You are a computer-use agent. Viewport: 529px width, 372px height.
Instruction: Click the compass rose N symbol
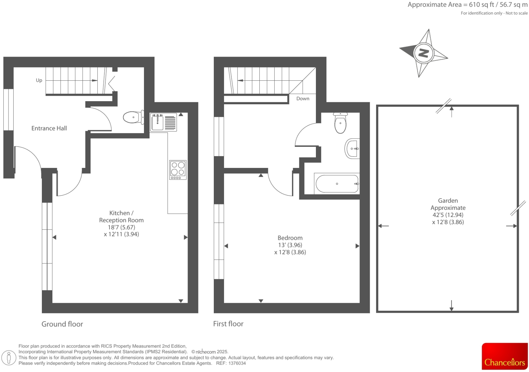(x=423, y=53)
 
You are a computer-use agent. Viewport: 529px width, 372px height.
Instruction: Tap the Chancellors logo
(x=504, y=356)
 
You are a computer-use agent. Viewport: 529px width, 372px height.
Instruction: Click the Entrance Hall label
(x=49, y=128)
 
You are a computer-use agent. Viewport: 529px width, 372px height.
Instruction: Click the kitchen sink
(x=157, y=122)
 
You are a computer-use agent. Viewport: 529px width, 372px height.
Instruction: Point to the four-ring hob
(x=178, y=170)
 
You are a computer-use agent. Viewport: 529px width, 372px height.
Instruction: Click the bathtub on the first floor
(x=337, y=184)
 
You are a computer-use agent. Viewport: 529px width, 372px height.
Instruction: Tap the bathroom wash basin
(x=352, y=149)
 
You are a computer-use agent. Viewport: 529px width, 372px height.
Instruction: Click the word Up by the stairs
(x=39, y=80)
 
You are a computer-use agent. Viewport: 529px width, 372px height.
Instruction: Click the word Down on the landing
(x=303, y=99)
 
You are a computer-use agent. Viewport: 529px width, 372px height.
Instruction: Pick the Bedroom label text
(x=290, y=238)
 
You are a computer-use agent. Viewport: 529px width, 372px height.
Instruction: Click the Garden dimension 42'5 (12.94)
(x=448, y=215)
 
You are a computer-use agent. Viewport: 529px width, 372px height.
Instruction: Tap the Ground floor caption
(x=62, y=324)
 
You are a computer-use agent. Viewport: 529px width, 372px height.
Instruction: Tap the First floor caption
(x=228, y=324)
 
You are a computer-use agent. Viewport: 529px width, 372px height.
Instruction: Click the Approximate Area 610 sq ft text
(x=467, y=5)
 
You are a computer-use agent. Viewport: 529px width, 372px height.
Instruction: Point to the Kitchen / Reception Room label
(x=121, y=217)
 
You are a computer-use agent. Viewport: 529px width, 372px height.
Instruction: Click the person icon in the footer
(x=9, y=357)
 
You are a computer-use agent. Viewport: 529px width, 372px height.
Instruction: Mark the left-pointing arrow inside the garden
(x=383, y=226)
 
